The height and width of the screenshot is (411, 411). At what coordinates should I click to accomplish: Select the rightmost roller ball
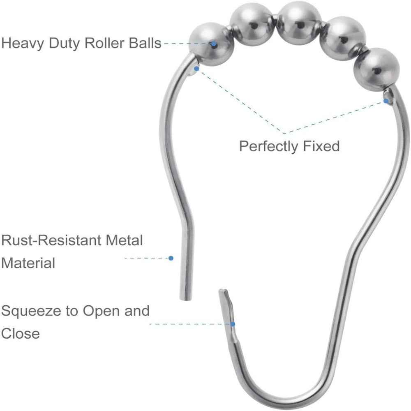point(376,70)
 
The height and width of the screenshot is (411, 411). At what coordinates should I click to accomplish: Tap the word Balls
point(145,43)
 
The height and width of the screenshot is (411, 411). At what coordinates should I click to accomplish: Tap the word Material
point(28,263)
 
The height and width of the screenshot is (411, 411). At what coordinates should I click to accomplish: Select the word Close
point(21,334)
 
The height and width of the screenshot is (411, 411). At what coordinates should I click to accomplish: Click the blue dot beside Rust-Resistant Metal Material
point(171,258)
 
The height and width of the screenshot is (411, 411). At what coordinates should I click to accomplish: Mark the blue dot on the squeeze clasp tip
point(233,324)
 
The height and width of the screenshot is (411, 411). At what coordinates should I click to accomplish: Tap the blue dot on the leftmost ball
point(214,44)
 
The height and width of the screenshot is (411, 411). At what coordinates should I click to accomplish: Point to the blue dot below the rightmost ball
point(386,101)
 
